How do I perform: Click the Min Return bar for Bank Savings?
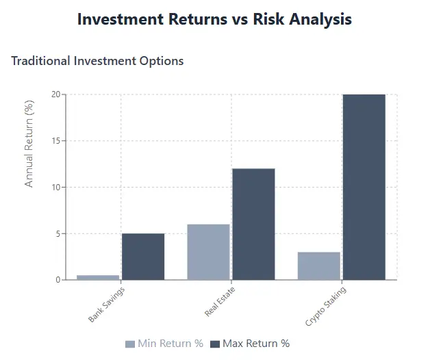[x=98, y=277]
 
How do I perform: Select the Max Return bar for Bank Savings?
[x=143, y=257]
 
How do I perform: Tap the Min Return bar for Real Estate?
[x=208, y=252]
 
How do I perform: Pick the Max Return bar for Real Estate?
[x=253, y=224]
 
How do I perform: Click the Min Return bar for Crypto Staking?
[x=319, y=266]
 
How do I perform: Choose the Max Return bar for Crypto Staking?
[x=364, y=187]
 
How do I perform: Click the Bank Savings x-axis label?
[x=106, y=304]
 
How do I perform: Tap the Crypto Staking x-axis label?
[x=325, y=306]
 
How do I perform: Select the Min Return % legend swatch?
[x=130, y=344]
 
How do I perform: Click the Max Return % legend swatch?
[x=215, y=344]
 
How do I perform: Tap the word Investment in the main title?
[x=116, y=19]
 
